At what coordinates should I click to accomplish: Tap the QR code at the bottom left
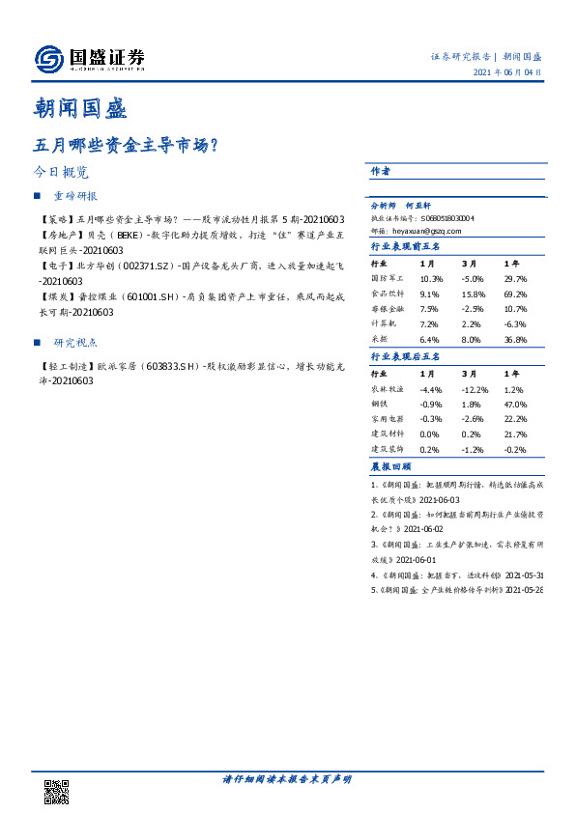57,791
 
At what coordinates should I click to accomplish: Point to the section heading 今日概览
62,172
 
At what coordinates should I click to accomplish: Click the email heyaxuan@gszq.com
429,231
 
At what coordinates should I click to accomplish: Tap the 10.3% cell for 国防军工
430,277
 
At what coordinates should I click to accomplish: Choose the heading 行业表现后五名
405,356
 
